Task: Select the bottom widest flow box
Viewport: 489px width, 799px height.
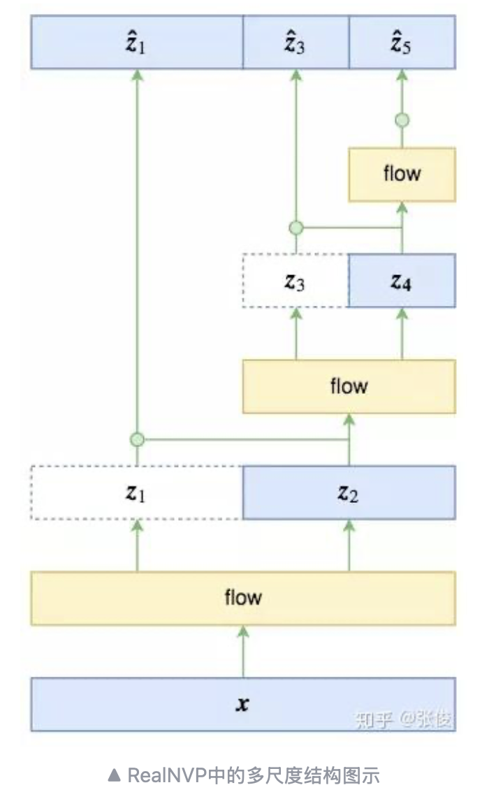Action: coord(242,598)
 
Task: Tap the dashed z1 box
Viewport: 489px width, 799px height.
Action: coord(137,492)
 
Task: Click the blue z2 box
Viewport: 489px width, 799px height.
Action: coord(349,492)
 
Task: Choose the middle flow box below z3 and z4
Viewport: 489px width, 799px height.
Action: coord(349,386)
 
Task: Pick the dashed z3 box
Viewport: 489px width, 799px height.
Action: coord(295,281)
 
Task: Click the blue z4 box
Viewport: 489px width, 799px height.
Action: coord(402,281)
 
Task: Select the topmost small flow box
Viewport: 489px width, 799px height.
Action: coord(402,174)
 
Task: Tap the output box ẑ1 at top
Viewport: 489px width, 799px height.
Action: coord(137,43)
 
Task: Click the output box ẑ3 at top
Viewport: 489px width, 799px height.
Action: coord(295,43)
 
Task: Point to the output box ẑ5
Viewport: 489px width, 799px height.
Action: coord(402,43)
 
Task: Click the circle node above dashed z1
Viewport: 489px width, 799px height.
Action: coord(137,439)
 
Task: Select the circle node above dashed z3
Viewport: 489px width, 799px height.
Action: coord(295,228)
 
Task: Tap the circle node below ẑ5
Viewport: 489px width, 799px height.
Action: coord(402,120)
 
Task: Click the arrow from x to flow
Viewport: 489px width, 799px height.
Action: coord(242,651)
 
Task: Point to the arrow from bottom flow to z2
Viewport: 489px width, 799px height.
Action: coord(349,545)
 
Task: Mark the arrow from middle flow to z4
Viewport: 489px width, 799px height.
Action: coord(402,333)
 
